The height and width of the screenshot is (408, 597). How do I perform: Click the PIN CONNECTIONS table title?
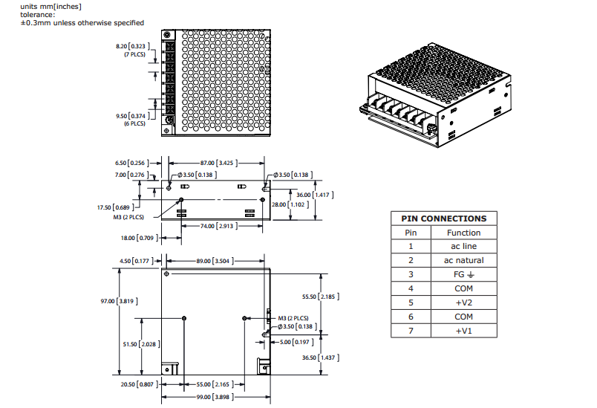[x=443, y=218]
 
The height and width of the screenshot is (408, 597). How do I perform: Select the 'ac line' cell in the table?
[x=463, y=246]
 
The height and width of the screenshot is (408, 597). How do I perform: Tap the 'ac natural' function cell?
[x=463, y=260]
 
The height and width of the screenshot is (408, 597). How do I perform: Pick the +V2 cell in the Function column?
[x=463, y=302]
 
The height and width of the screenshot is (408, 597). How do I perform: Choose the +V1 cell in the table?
[x=463, y=331]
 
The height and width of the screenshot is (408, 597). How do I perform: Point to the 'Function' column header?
[x=463, y=233]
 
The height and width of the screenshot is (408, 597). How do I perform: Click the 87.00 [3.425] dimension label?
[x=218, y=162]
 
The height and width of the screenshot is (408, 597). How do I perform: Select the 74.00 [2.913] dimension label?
[x=216, y=225]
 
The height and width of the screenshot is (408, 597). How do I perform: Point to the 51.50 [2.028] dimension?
[x=140, y=344]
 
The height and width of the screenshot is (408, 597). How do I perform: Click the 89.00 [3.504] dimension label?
[x=214, y=261]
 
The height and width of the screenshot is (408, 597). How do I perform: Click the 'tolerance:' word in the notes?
[x=38, y=15]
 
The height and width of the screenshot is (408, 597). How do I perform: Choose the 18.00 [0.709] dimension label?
[x=137, y=238]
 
